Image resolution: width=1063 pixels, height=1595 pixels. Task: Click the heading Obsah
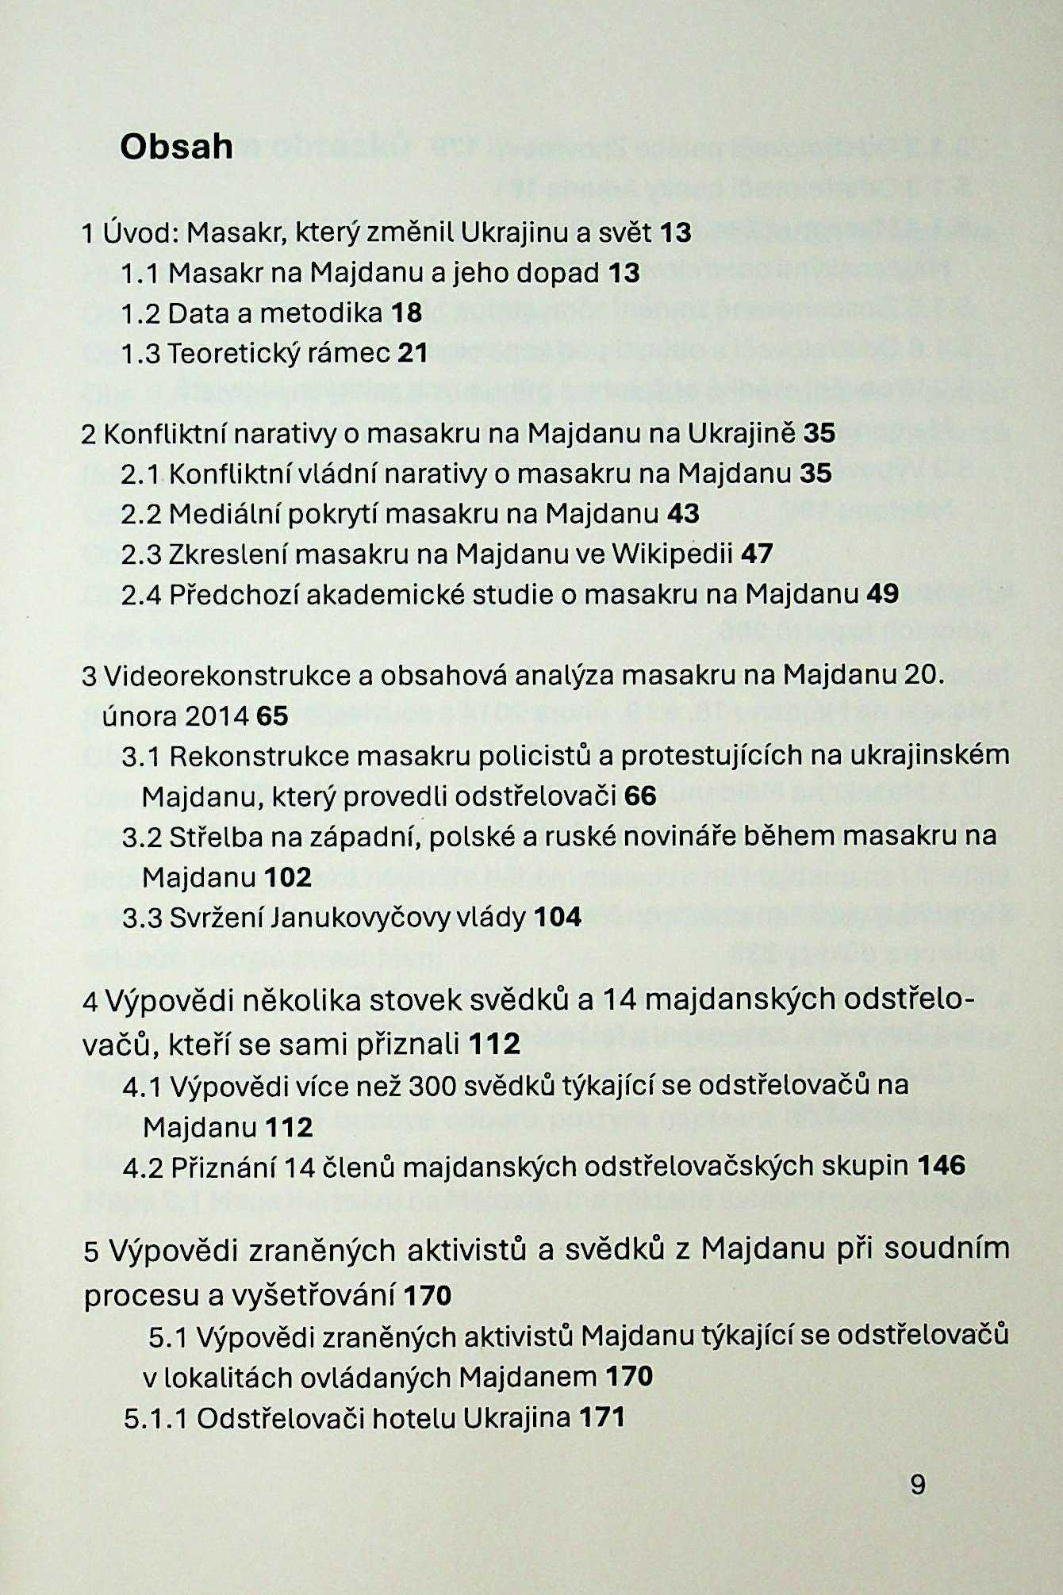click(176, 146)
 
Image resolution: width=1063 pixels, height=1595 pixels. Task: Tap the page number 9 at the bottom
click(918, 1483)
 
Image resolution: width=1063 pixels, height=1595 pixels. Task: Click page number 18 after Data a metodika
click(406, 312)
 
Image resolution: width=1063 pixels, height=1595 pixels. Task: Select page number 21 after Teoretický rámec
click(412, 352)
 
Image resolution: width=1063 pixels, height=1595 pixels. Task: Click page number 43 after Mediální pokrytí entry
click(683, 513)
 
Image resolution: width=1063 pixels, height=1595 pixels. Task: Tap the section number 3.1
click(142, 755)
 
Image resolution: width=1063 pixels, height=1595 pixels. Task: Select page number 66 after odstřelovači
click(640, 795)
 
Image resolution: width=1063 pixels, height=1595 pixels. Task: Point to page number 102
click(289, 877)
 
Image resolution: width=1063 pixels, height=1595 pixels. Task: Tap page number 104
click(558, 918)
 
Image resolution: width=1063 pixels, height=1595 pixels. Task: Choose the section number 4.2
click(143, 1167)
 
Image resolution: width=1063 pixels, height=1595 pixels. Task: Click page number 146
click(942, 1165)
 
